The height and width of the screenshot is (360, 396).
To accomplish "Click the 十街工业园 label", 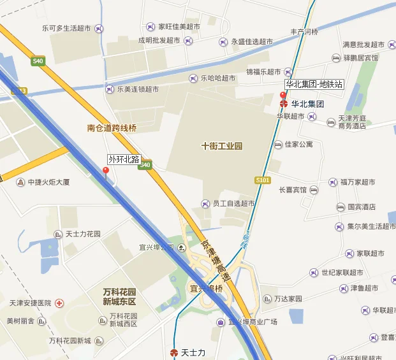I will tap(221, 146).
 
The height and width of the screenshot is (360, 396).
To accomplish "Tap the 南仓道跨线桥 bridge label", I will tap(112, 128).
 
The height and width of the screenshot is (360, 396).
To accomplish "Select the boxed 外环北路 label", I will tap(124, 159).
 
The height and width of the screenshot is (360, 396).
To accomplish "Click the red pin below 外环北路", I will tap(106, 171).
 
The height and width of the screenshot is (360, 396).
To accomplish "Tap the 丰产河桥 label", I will tap(304, 31).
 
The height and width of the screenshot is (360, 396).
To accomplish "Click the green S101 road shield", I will tap(263, 180).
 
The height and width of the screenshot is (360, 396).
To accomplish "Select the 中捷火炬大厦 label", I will tap(48, 182).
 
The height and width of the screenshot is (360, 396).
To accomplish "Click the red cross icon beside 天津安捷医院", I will tap(59, 303).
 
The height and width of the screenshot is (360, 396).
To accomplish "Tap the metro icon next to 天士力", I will tap(173, 352).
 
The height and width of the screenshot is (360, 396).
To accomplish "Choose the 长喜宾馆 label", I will tap(293, 190).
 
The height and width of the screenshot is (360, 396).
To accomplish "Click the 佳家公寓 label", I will tap(298, 145).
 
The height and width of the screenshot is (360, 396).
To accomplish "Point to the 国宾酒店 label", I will tap(361, 207).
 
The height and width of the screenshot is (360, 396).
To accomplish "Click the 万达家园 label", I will tap(288, 298).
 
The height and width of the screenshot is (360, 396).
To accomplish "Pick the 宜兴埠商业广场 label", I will tap(253, 322).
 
